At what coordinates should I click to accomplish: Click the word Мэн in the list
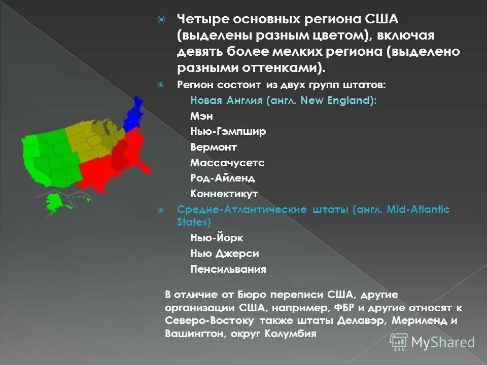click(201, 116)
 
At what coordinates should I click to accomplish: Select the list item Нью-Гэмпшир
click(228, 132)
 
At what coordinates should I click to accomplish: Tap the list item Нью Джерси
click(225, 253)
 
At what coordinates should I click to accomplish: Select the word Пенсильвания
click(228, 269)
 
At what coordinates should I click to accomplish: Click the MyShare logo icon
click(398, 342)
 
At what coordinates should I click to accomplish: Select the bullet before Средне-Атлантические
click(162, 210)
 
